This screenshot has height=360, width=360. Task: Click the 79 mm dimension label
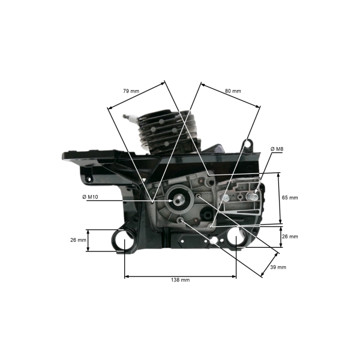coord(131,91)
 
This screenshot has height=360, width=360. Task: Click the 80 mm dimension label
coord(233,91)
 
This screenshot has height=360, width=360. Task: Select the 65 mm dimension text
coord(290,197)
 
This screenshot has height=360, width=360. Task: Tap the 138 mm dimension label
coord(180,280)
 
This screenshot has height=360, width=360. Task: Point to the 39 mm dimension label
coord(278,267)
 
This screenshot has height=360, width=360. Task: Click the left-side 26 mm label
coord(78,240)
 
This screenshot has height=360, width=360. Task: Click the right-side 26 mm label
coord(290,236)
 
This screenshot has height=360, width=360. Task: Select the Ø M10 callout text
coord(90,197)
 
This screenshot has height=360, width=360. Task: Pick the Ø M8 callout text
coord(277,149)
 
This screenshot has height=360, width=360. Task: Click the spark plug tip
coord(125,116)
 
